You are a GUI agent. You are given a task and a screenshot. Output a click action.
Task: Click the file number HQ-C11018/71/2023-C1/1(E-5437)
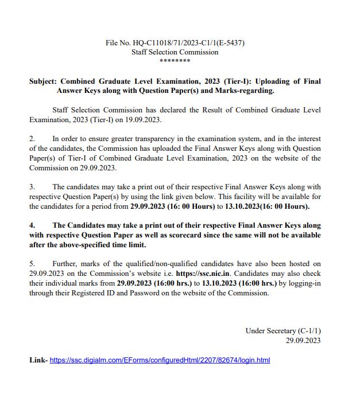tap(175, 43)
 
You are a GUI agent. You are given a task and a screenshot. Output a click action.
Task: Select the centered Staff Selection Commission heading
tap(175, 52)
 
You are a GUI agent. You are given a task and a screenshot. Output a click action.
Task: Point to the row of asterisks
tap(175, 61)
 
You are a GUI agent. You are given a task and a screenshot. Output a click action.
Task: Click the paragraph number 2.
tap(32, 139)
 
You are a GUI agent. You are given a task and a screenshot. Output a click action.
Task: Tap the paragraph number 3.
tap(32, 187)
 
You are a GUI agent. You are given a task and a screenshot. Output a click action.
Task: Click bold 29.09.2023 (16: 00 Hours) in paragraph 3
tap(172, 206)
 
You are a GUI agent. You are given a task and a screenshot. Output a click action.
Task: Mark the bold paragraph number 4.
tap(32, 225)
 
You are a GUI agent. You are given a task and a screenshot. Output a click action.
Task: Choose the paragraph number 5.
tap(32, 264)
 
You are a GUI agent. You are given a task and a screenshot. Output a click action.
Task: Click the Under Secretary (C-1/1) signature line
tap(282, 331)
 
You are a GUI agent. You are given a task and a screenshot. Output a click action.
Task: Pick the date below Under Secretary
tap(303, 341)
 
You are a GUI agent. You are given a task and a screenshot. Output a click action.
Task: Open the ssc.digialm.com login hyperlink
tap(160, 360)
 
